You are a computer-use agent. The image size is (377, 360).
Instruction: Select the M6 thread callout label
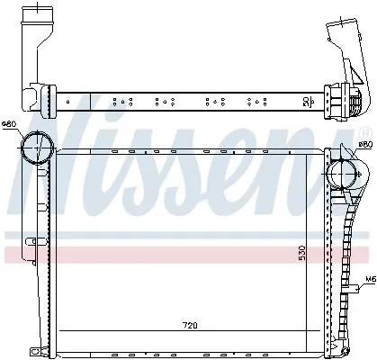(369, 279)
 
